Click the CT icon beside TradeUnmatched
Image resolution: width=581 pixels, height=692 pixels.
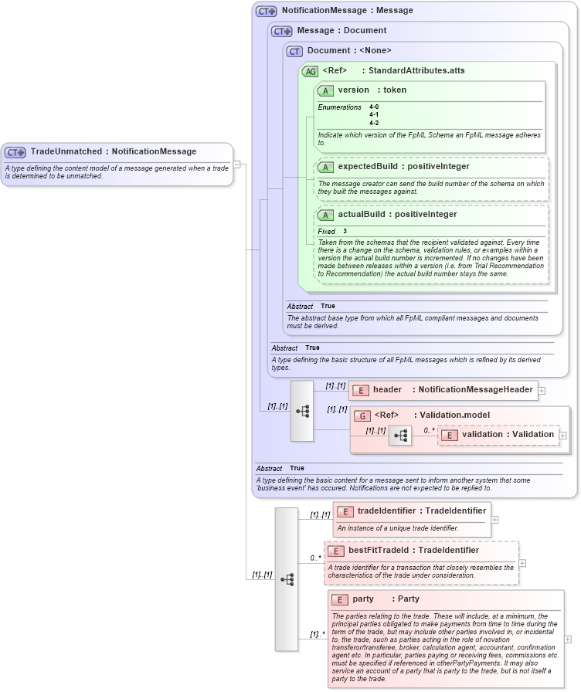pyautogui.click(x=15, y=152)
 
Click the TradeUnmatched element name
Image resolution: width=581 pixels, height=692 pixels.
pyautogui.click(x=66, y=151)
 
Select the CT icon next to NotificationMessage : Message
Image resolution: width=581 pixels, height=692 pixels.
pyautogui.click(x=267, y=12)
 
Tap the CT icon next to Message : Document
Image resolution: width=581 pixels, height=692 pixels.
pyautogui.click(x=282, y=31)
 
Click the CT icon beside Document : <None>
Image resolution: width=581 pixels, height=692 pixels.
pyautogui.click(x=294, y=51)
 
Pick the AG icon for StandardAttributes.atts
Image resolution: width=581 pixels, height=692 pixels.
pyautogui.click(x=311, y=71)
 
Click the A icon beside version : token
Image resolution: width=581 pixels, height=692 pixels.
pyautogui.click(x=325, y=90)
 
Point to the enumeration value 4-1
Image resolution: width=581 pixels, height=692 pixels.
pyautogui.click(x=374, y=115)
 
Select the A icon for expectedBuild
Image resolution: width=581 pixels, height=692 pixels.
pyautogui.click(x=325, y=167)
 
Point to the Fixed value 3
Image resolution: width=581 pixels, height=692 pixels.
pyautogui.click(x=345, y=232)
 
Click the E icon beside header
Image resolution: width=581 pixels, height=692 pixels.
pyautogui.click(x=360, y=390)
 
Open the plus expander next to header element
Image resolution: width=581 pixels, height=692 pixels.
pyautogui.click(x=542, y=390)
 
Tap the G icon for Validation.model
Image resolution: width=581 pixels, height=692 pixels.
pyautogui.click(x=362, y=416)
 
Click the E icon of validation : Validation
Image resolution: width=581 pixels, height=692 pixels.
pyautogui.click(x=449, y=435)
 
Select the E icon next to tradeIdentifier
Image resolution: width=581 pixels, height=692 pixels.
pyautogui.click(x=345, y=511)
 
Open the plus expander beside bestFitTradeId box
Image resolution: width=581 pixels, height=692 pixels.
pyautogui.click(x=523, y=562)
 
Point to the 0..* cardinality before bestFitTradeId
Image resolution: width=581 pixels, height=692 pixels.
pyautogui.click(x=315, y=558)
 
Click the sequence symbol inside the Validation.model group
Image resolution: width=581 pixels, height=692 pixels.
pyautogui.click(x=400, y=436)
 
